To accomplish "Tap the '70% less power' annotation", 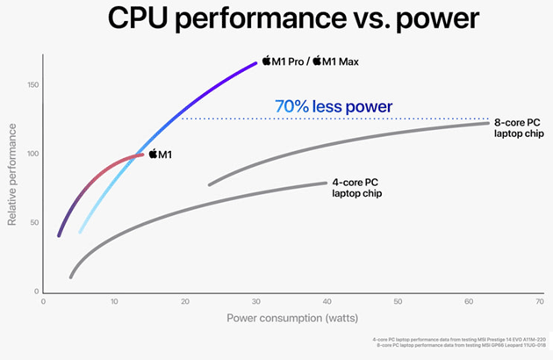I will coord(333,107).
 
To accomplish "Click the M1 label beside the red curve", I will coord(160,155).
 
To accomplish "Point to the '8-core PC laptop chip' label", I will coord(519,128).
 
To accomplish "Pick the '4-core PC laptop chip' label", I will coord(356,187).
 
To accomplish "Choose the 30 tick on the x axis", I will coord(255,301).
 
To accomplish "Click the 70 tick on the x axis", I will coord(538,301).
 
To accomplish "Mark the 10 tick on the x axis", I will coord(114,301).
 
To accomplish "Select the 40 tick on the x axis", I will coord(327,301).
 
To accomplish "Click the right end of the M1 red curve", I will coord(141,155).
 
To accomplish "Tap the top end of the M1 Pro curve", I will coord(255,62).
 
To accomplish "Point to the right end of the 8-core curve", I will coord(487,123).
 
